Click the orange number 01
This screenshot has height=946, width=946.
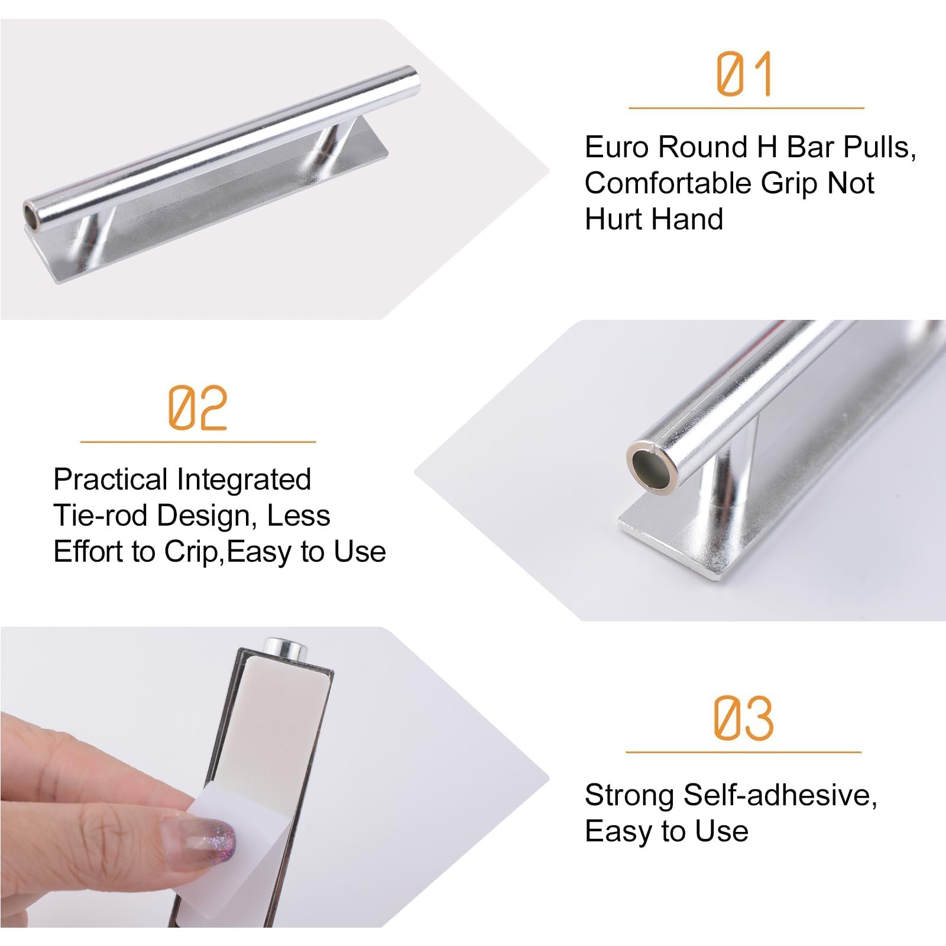(x=744, y=74)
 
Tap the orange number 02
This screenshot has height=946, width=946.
(x=197, y=407)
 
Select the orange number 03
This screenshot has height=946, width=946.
(x=743, y=718)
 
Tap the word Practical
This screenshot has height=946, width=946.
(x=111, y=480)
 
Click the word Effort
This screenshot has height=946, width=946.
(x=88, y=552)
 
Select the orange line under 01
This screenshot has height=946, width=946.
(x=746, y=108)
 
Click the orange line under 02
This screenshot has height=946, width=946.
(x=198, y=442)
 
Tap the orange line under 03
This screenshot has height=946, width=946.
(x=744, y=752)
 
